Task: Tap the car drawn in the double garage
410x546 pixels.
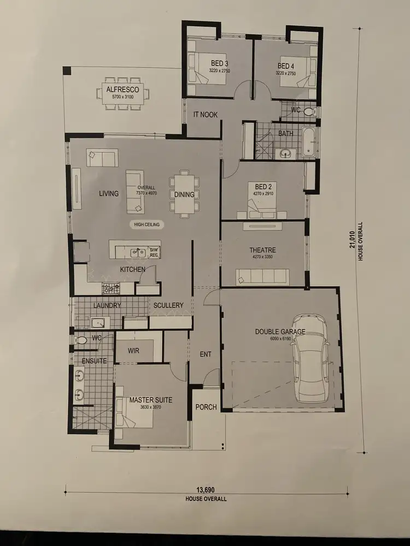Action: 310,359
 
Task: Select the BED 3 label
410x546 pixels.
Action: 219,64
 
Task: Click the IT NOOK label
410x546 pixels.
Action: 206,115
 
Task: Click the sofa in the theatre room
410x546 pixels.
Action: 263,277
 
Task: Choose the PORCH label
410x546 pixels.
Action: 206,407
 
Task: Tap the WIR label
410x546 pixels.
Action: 133,351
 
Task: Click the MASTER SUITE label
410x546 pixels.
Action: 151,400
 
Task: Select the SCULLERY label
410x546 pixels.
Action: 168,305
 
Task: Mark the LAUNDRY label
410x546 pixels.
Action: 107,306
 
